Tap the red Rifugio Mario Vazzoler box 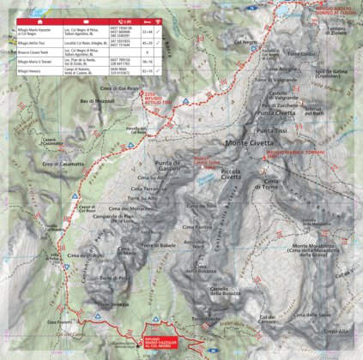(162, 342)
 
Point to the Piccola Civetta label (231, 175)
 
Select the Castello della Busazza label (219, 292)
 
